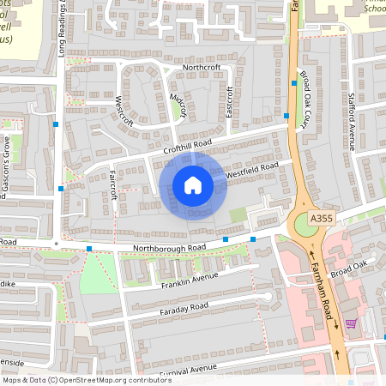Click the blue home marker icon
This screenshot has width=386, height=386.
pos(193,185)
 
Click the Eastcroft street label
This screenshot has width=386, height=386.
pos(229,100)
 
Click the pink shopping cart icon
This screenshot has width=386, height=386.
pos(350,323)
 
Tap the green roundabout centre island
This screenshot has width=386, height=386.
pos(308,225)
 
